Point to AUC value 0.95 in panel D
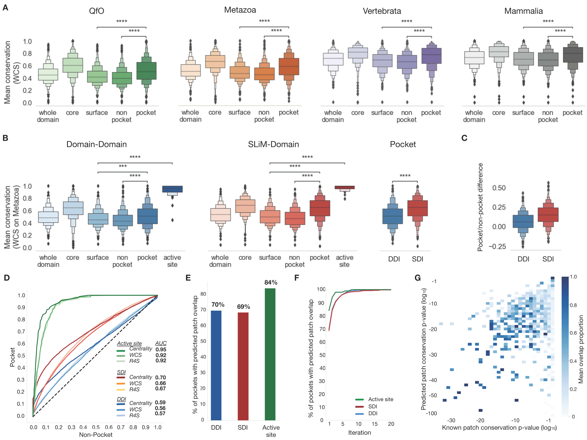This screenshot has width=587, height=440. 161,349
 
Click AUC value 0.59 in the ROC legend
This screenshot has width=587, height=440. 160,403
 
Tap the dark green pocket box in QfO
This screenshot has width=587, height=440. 146,71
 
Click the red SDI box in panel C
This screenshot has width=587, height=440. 548,215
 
